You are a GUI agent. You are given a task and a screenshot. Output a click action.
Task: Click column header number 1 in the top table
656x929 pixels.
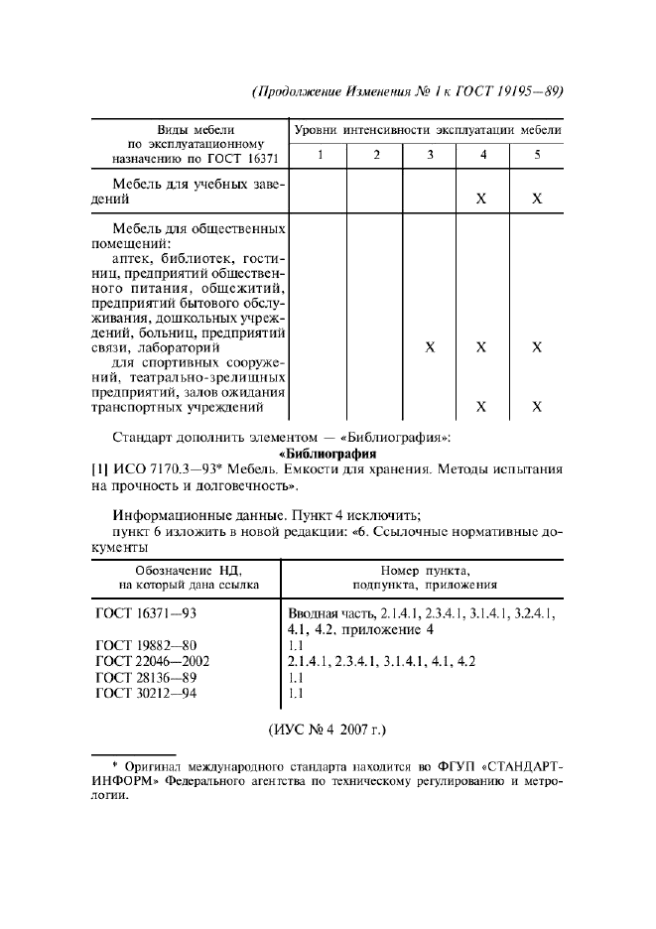(x=320, y=155)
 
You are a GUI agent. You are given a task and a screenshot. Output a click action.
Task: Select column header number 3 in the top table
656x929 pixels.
(x=430, y=155)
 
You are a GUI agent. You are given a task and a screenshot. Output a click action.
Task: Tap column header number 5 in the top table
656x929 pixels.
(x=537, y=155)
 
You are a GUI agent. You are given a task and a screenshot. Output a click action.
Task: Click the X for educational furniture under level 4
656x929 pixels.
(x=481, y=199)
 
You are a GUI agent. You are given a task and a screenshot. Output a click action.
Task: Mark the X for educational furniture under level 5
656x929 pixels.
(x=537, y=199)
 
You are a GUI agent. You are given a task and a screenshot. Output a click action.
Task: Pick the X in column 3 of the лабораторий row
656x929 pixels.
(x=430, y=348)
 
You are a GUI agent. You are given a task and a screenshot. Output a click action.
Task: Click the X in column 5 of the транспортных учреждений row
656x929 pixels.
(x=537, y=406)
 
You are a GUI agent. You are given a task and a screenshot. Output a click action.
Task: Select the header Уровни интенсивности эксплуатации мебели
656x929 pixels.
(x=428, y=130)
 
